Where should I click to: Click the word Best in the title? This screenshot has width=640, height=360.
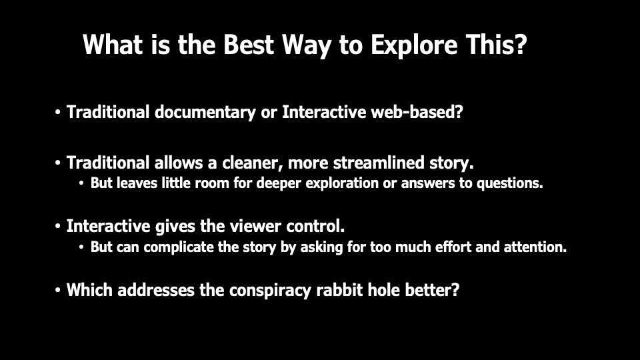click(248, 44)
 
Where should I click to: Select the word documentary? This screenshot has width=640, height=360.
click(205, 113)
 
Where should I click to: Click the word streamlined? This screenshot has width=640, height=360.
click(379, 163)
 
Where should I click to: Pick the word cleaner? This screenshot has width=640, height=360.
click(253, 163)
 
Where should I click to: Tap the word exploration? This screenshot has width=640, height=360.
click(342, 183)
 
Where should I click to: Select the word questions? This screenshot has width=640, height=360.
click(510, 183)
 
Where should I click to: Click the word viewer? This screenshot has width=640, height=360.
click(255, 226)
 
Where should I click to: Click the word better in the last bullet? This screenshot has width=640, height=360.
click(432, 290)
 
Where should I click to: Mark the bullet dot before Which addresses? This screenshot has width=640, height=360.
click(57, 290)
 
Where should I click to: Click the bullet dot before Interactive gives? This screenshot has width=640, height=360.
click(57, 227)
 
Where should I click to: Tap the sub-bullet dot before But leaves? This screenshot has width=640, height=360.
click(81, 183)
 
